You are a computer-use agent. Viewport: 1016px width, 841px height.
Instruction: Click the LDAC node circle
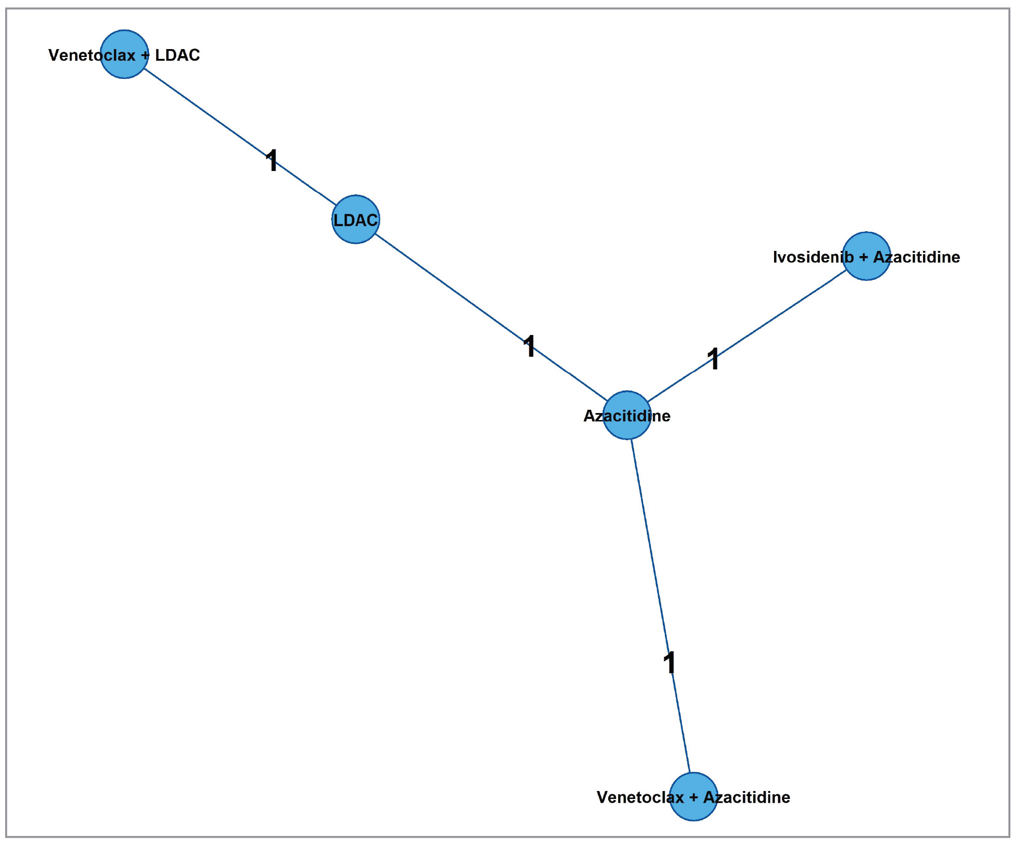355,219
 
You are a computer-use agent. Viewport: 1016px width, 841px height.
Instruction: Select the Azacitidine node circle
627,415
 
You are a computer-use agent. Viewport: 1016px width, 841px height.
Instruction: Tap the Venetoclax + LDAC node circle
124,54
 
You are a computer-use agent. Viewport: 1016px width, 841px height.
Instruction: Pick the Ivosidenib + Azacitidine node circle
867,256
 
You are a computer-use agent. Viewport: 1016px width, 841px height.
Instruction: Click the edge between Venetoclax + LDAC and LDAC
208,114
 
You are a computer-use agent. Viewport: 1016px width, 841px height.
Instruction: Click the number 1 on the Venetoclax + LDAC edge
272,160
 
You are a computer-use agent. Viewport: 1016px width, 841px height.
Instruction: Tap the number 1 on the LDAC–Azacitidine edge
530,346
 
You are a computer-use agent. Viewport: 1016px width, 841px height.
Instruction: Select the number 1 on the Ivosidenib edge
713,358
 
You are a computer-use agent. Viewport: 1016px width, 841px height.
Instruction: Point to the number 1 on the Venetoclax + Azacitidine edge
669,663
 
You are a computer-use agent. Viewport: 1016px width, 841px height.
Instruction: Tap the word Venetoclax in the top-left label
92,55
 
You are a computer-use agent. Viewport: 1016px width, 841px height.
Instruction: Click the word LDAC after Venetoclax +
177,55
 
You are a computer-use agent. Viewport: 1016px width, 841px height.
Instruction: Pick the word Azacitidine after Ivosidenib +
917,257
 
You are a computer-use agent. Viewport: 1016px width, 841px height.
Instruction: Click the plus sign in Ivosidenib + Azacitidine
863,257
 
